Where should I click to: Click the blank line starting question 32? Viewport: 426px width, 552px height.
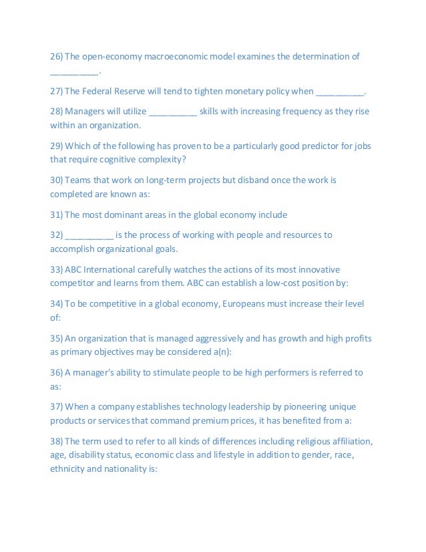pyautogui.click(x=89, y=235)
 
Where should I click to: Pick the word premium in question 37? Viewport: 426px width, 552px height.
pyautogui.click(x=215, y=421)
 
